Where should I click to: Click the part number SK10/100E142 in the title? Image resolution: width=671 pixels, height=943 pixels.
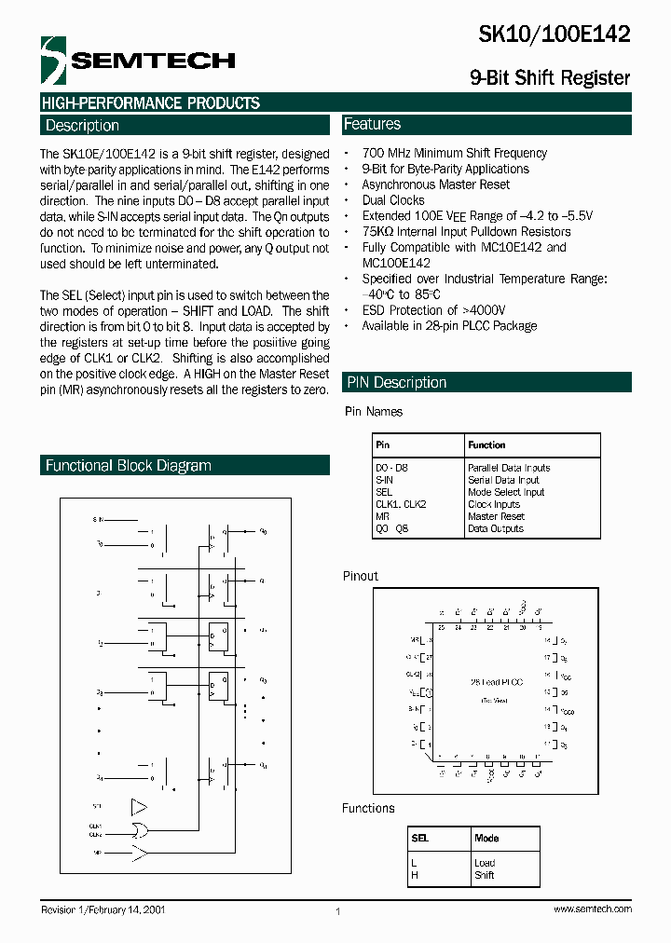click(x=554, y=34)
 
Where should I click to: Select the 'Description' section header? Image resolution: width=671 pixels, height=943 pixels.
click(x=82, y=126)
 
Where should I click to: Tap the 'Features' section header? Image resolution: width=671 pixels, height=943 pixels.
click(x=372, y=124)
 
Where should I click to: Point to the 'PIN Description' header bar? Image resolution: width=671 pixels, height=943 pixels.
click(x=396, y=382)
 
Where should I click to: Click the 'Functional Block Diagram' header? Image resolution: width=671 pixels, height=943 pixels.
click(x=129, y=465)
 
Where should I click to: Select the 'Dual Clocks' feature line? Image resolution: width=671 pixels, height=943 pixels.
click(x=392, y=200)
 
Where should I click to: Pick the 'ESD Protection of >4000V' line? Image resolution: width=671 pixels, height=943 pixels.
click(x=435, y=310)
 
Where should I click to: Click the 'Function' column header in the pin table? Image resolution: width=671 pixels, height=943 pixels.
click(x=486, y=445)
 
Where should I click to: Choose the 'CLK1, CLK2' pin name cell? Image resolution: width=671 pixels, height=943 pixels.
click(x=401, y=504)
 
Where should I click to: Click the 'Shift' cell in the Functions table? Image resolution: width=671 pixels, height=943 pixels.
click(x=484, y=875)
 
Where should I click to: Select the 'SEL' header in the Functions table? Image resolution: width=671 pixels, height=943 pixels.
click(x=420, y=838)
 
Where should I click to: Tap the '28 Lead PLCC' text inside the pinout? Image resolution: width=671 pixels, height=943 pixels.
click(x=496, y=682)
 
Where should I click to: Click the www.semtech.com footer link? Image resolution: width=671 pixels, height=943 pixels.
click(x=592, y=909)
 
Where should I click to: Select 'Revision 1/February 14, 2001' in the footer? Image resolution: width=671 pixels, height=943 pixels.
click(x=103, y=909)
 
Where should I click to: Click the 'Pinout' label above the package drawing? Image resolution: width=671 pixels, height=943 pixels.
click(x=361, y=576)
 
